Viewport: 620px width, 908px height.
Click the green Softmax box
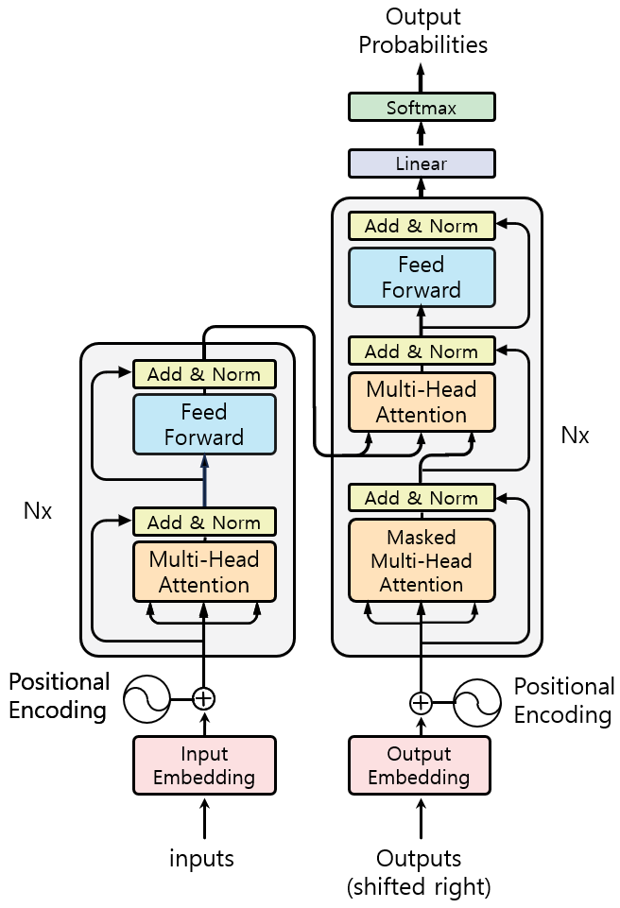click(422, 107)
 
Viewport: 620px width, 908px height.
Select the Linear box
click(422, 163)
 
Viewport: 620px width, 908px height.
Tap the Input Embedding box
click(204, 765)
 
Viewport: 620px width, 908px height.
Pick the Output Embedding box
click(419, 765)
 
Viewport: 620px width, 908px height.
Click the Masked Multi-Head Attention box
click(422, 560)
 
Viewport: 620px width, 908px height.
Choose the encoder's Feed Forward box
click(204, 424)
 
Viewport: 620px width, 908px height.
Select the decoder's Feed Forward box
click(422, 278)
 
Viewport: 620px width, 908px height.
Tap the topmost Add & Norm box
click(422, 226)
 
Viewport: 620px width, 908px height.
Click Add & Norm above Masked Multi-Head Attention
click(422, 497)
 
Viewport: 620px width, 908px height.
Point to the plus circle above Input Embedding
click(203, 698)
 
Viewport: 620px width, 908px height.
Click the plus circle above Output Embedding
click(421, 703)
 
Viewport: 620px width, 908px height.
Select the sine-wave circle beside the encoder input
click(147, 698)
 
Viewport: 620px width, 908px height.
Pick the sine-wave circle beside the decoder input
click(477, 703)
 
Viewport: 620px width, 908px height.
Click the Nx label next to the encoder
click(38, 511)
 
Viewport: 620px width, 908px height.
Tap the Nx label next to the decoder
click(575, 435)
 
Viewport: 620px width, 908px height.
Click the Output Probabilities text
click(423, 30)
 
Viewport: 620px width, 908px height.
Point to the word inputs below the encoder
click(201, 858)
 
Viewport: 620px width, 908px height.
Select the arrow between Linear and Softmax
click(422, 135)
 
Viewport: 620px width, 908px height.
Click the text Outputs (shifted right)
click(419, 872)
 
